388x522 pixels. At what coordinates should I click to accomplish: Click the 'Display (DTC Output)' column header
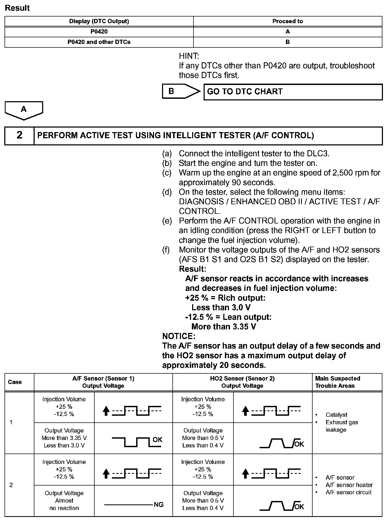click(99, 21)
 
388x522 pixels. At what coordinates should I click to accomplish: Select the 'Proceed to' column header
click(288, 21)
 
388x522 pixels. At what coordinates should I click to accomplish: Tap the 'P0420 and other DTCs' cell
click(99, 42)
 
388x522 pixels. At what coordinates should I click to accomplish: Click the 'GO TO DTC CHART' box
click(293, 92)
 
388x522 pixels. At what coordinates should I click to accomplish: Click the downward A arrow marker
click(24, 110)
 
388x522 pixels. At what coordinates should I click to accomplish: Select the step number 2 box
click(19, 135)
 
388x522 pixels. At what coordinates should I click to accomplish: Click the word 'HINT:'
click(189, 56)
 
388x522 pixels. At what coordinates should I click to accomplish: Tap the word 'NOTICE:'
click(179, 336)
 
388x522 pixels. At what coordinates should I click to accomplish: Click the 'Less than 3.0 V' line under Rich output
click(221, 307)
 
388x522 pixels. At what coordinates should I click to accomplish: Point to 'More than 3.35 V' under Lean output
click(224, 327)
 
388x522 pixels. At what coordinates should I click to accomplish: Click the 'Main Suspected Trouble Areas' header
click(337, 382)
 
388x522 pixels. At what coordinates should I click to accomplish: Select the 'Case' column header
click(15, 382)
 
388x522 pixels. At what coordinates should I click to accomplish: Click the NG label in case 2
click(159, 505)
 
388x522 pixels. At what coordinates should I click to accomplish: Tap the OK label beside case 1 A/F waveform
click(157, 439)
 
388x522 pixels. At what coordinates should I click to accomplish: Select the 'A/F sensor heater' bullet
click(349, 485)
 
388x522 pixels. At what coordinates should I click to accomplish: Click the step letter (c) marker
click(167, 173)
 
